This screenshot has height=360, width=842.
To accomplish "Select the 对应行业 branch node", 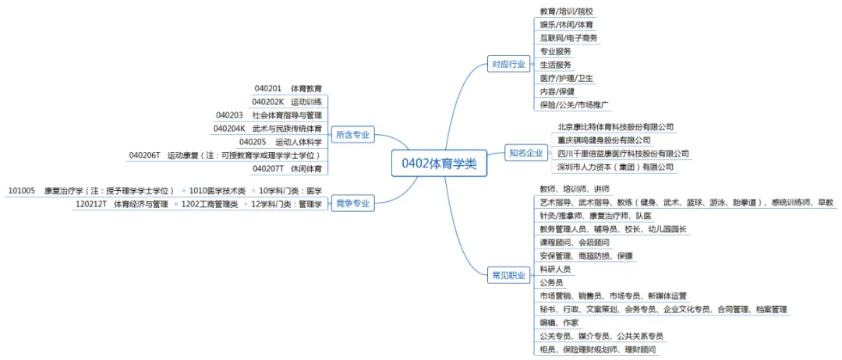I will click(x=508, y=64).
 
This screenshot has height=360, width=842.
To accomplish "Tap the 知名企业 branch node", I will click(x=525, y=153).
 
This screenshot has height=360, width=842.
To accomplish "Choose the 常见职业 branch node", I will click(x=508, y=275).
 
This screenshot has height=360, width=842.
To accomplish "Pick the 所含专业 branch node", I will click(x=352, y=135).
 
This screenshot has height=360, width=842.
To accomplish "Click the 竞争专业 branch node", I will click(x=352, y=204).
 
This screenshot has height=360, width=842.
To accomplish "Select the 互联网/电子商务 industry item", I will click(x=568, y=37).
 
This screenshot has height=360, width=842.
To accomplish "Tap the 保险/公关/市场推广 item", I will click(x=574, y=104).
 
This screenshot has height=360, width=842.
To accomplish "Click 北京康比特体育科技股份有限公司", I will click(x=615, y=126).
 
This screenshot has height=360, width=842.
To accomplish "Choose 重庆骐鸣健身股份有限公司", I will click(x=604, y=139).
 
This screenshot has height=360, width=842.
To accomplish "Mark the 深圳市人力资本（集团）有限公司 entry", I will click(x=615, y=167).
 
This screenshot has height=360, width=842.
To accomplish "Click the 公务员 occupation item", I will click(x=551, y=282).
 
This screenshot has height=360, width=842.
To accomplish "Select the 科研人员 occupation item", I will click(x=555, y=269).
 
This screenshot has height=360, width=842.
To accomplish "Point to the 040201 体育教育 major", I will click(x=288, y=88).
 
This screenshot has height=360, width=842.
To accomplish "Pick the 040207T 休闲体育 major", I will click(x=287, y=168).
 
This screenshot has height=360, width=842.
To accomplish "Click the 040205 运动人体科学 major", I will click(x=281, y=142).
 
